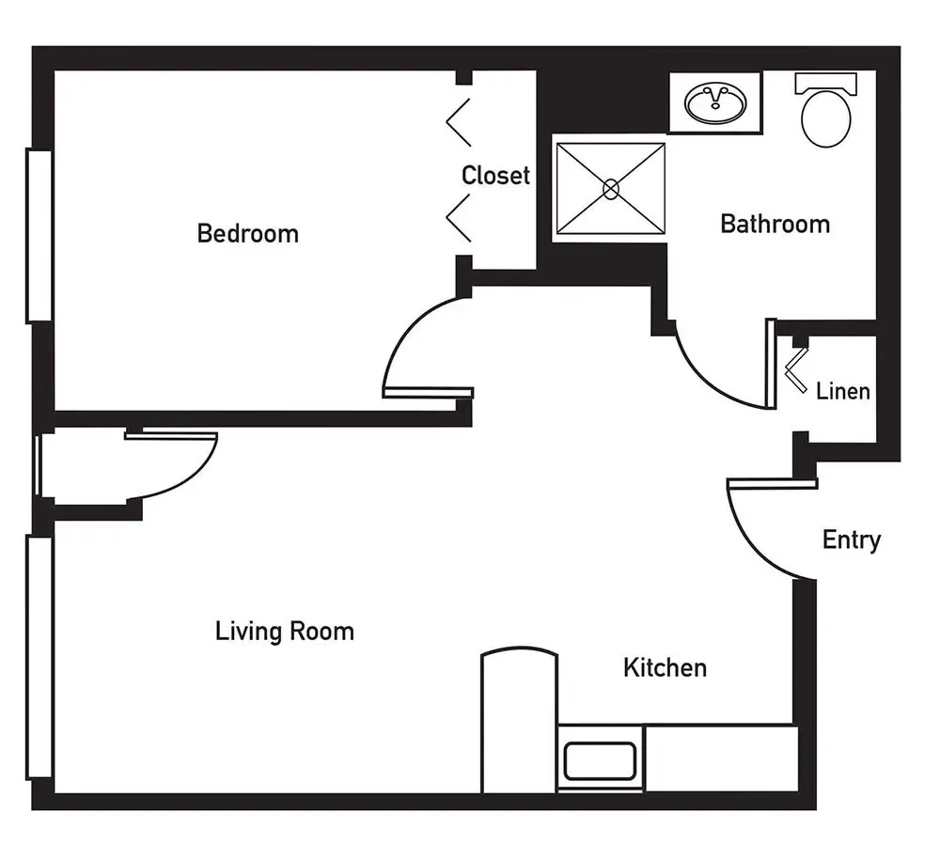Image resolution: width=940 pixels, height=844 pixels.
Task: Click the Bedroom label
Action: (247, 233)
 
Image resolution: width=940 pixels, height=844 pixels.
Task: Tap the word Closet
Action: (495, 175)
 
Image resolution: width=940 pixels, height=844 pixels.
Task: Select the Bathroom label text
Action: (775, 224)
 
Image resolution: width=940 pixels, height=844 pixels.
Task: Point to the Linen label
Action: (842, 391)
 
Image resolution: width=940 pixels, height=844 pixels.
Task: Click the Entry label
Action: (852, 540)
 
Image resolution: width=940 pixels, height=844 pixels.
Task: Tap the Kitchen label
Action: (665, 667)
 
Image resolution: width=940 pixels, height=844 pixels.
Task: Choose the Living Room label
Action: (285, 632)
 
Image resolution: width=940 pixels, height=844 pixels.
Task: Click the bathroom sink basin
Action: (715, 103)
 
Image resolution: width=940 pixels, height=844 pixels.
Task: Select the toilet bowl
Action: (826, 118)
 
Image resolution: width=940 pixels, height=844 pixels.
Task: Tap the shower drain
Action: (611, 190)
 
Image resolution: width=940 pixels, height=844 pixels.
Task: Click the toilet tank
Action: (825, 83)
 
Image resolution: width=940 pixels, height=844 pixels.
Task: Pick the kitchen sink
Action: (600, 761)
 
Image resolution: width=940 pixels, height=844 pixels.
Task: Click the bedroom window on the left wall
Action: (39, 236)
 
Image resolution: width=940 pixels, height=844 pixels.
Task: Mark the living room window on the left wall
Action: (39, 657)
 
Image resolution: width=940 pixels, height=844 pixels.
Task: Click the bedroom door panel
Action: (428, 393)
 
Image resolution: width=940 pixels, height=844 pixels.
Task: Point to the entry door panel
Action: (772, 484)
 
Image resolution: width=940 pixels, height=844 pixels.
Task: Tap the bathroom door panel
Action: (771, 364)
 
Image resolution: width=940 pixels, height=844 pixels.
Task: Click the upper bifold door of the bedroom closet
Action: (459, 122)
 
